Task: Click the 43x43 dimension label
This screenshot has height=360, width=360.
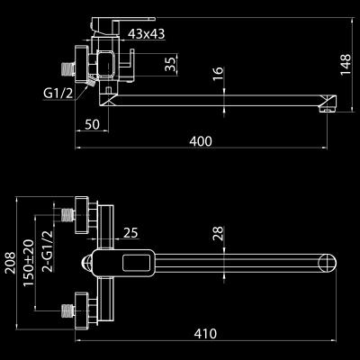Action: point(146,34)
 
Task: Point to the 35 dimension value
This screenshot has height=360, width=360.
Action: point(171,64)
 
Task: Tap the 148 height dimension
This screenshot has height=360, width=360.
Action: point(346,65)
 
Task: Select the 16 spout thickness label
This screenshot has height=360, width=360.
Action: point(219,74)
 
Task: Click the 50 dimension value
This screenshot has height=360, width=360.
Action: point(92,124)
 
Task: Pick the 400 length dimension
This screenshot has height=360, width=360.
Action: point(201,141)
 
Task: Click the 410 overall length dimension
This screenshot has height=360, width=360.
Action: point(205,333)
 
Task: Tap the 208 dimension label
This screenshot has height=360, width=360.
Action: point(11,263)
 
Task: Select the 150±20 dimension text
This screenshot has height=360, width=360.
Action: point(29,263)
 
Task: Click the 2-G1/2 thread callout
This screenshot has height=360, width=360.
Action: point(48,251)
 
